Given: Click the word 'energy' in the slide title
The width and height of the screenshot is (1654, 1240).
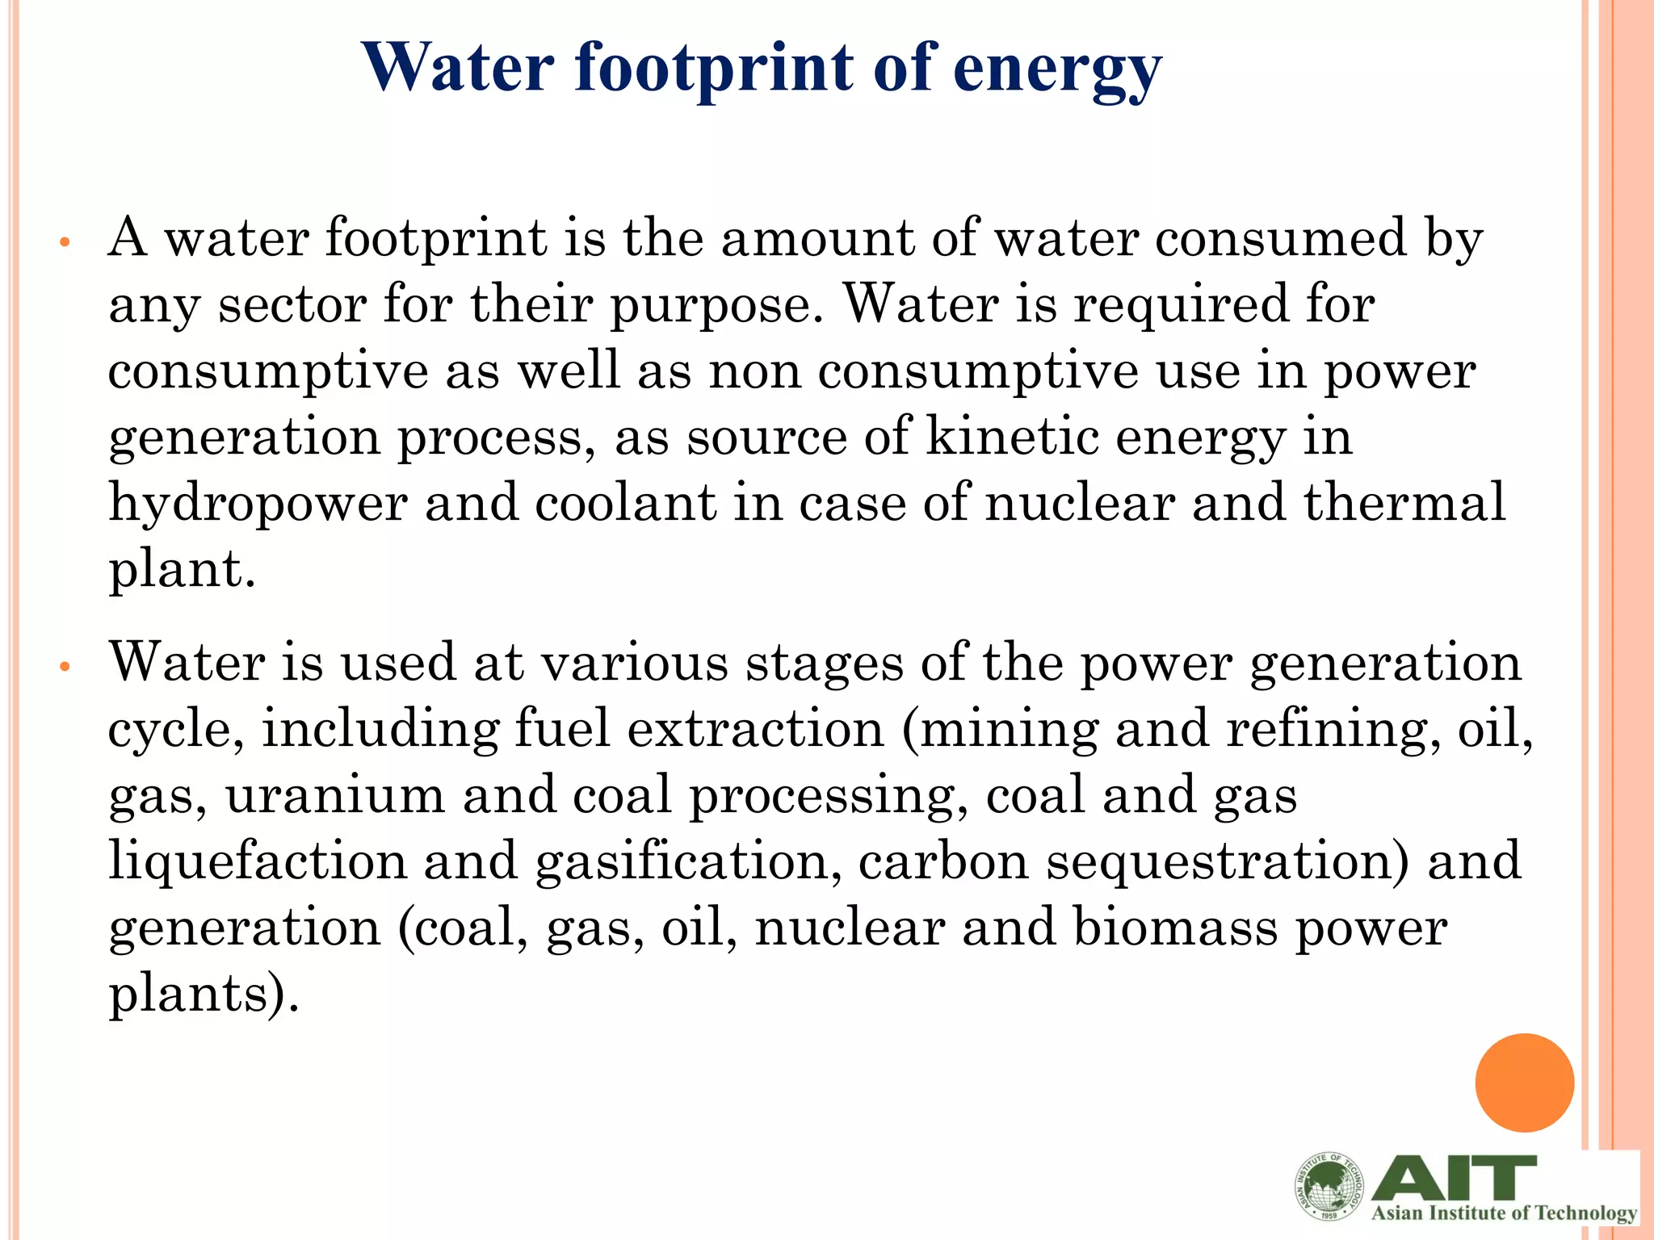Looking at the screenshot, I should (x=1057, y=69).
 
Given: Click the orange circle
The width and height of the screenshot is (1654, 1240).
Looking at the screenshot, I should (x=1524, y=1083).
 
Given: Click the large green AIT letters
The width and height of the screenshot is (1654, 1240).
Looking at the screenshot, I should (x=1454, y=1178).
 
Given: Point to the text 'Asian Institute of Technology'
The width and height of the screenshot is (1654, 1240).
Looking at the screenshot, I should (x=1504, y=1213).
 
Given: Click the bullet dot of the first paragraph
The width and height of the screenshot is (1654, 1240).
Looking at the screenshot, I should (x=66, y=242).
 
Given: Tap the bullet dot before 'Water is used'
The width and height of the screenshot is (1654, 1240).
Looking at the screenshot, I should (x=66, y=667).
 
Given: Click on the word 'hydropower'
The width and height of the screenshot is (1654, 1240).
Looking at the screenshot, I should (x=258, y=505).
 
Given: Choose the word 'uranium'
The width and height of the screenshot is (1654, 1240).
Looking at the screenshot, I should (x=334, y=794).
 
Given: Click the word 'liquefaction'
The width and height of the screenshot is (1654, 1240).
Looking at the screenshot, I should (x=258, y=862).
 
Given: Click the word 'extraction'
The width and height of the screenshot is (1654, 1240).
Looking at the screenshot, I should (x=756, y=729).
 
